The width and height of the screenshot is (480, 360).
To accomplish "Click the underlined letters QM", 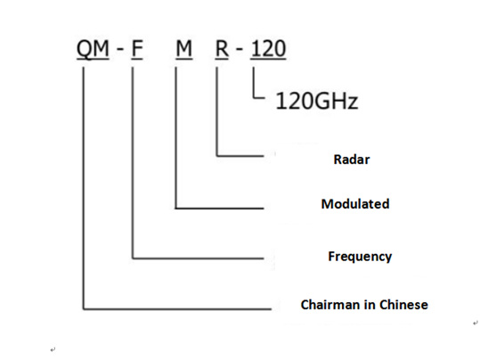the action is (93, 49).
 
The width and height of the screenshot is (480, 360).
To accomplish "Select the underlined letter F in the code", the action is (137, 49).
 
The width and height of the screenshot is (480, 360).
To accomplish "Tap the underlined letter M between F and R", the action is (184, 49).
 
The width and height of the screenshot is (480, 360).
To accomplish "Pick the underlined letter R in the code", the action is (222, 49).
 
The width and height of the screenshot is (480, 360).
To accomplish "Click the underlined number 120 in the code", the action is (268, 49).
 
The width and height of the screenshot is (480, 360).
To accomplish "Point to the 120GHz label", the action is (317, 101).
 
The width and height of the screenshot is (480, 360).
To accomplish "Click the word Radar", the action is (352, 160).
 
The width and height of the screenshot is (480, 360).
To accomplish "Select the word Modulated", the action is (355, 204).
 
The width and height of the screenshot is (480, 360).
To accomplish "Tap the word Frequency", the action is (360, 257).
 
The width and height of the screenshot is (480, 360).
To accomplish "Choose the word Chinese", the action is (403, 305).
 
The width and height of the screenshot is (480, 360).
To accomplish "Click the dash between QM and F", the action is (120, 49).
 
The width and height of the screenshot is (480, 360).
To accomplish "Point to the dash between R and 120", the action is (240, 49).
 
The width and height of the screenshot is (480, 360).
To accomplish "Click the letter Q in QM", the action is (84, 49).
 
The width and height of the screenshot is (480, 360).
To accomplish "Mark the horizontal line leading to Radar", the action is (240, 156).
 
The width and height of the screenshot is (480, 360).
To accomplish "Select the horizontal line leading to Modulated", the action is (219, 209).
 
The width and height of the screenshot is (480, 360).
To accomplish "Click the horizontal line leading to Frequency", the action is (198, 258).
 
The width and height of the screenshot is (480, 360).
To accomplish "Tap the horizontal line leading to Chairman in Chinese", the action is (177, 309).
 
